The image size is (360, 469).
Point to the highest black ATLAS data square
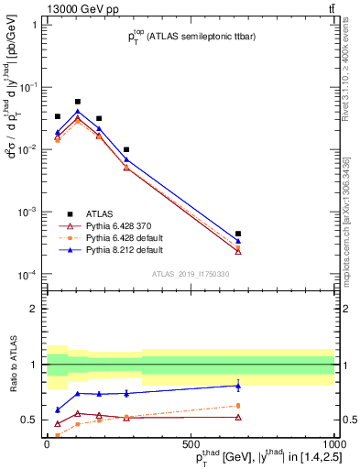(78, 102)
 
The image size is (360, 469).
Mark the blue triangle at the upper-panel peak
(78, 112)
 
